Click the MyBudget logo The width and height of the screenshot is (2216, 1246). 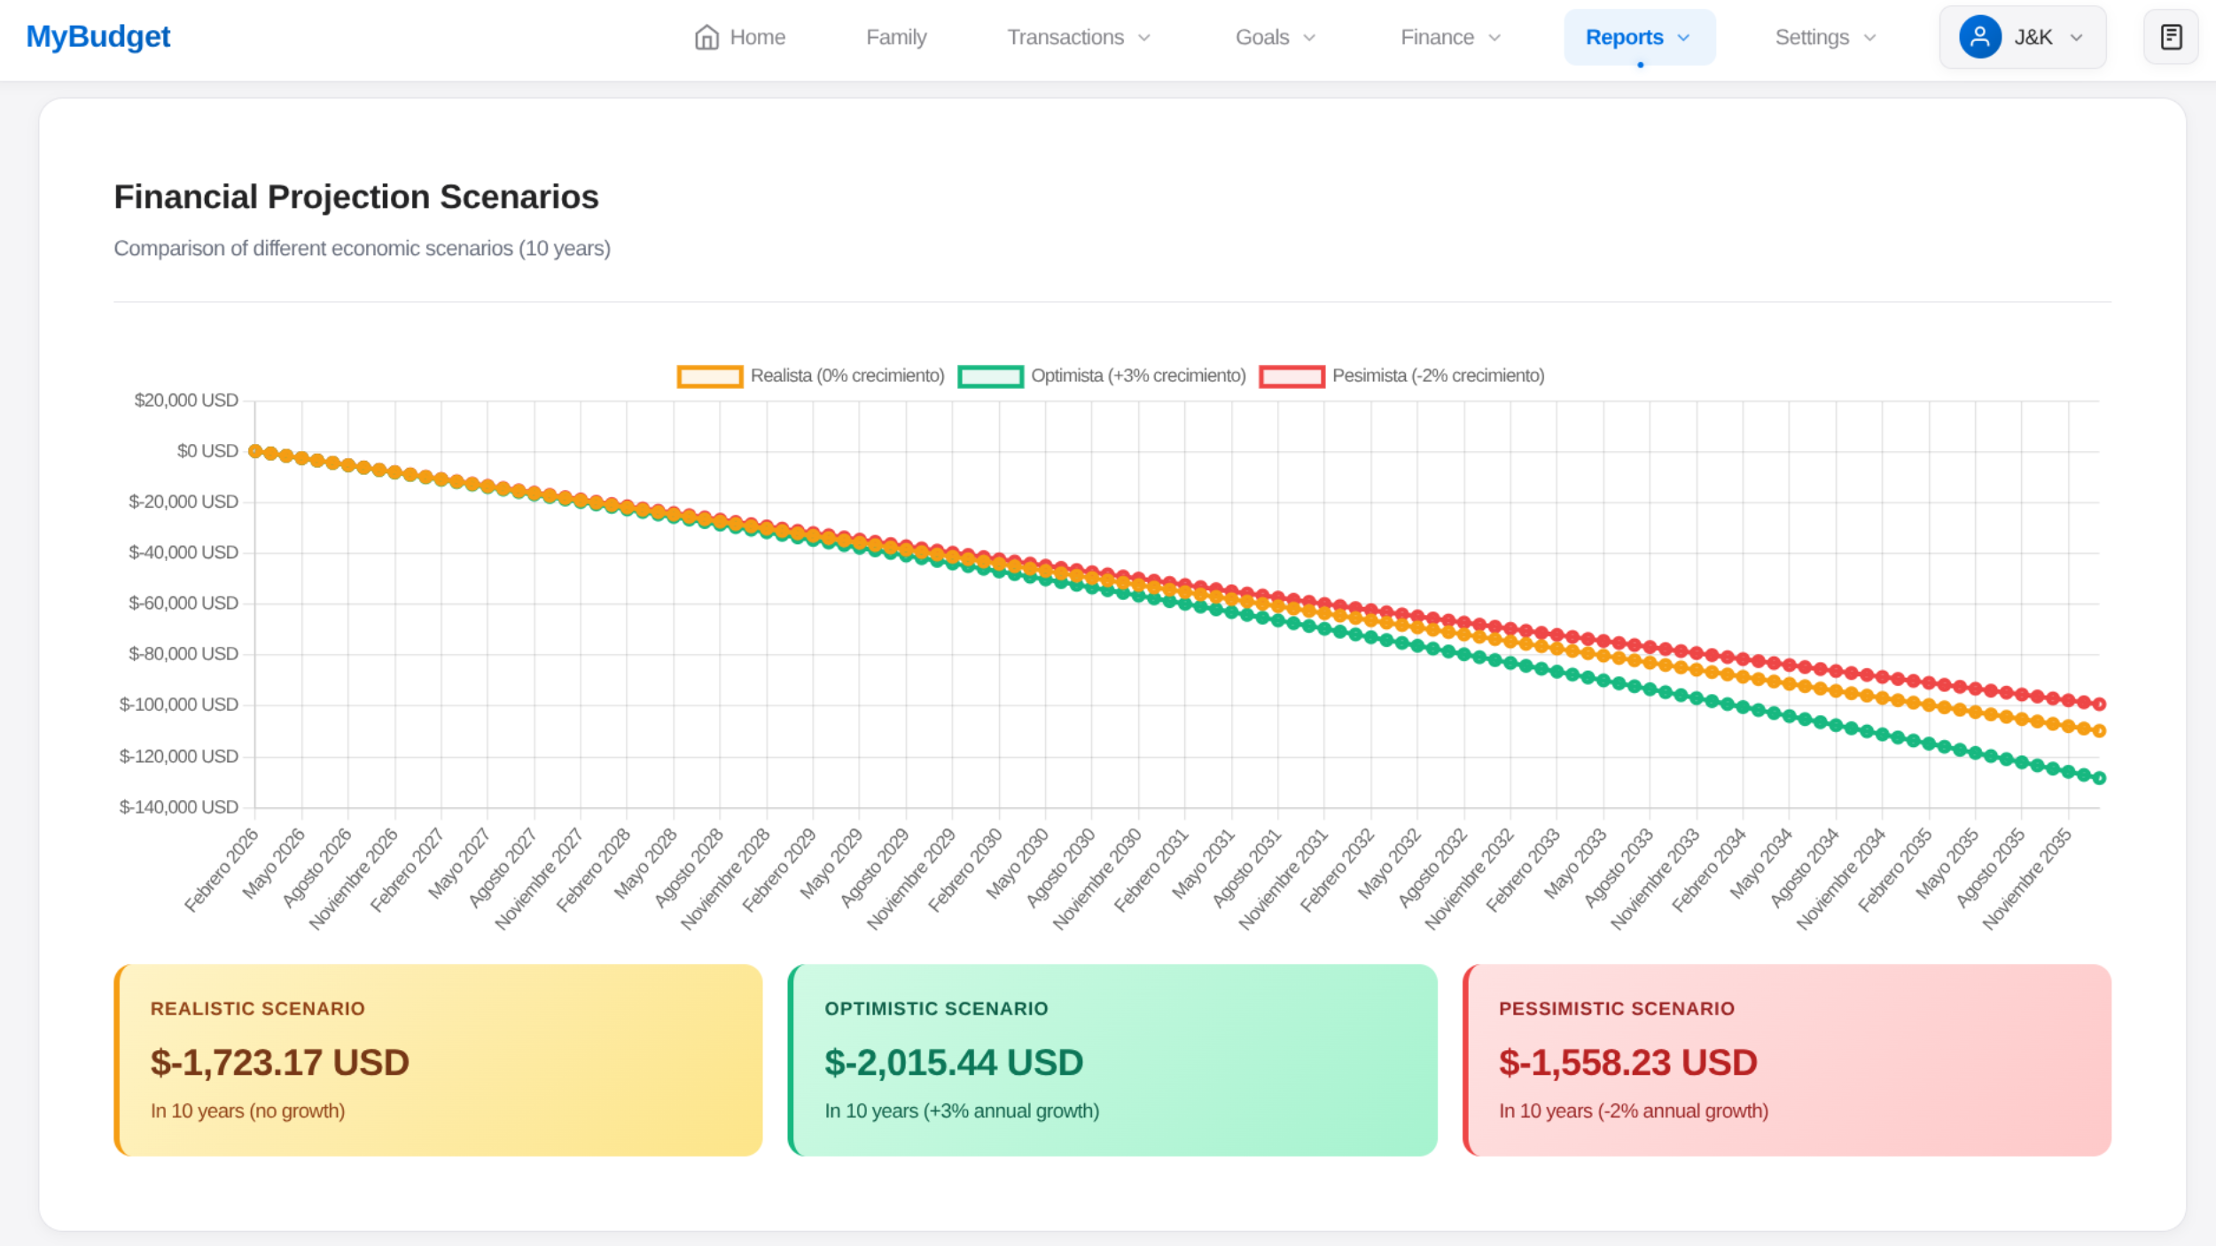click(98, 36)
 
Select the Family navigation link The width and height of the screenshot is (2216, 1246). click(896, 37)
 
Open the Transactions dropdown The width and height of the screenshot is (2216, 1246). click(1078, 37)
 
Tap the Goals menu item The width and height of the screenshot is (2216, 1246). click(1275, 37)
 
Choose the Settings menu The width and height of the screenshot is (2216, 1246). click(1825, 37)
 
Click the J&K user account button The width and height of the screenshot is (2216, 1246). click(2022, 37)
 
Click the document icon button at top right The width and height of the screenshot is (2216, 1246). click(2171, 37)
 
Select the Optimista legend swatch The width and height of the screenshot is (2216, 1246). click(990, 377)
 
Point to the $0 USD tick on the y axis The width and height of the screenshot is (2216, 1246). click(207, 451)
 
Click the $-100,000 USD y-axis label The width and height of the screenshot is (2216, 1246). click(179, 705)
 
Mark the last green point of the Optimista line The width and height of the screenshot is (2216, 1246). click(2099, 778)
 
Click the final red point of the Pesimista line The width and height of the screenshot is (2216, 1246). click(2099, 704)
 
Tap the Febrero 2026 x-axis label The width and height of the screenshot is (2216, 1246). click(222, 869)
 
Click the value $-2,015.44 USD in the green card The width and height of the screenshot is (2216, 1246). click(954, 1063)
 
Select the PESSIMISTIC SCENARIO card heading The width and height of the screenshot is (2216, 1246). click(1616, 1008)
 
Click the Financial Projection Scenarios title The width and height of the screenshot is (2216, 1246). click(356, 197)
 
